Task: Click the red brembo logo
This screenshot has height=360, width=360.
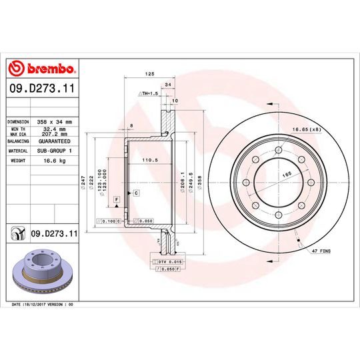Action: pyautogui.click(x=41, y=69)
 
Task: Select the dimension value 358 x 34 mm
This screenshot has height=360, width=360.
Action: pyautogui.click(x=56, y=122)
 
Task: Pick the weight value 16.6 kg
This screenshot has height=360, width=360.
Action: pyautogui.click(x=52, y=161)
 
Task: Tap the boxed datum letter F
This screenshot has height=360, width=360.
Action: pyautogui.click(x=116, y=199)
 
